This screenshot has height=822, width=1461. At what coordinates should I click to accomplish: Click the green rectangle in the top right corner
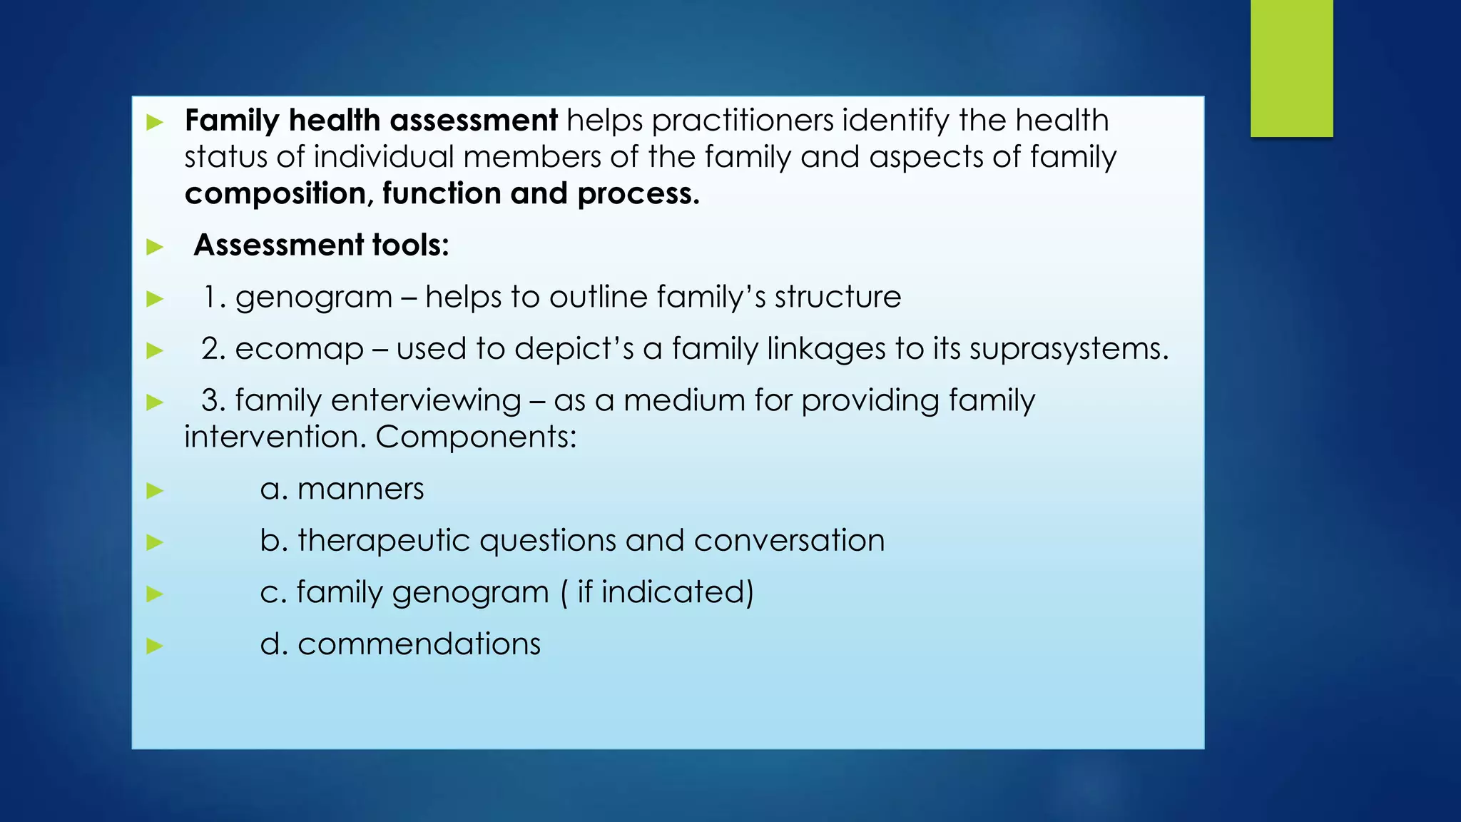1291,68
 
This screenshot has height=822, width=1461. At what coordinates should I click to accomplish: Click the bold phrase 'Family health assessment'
371,121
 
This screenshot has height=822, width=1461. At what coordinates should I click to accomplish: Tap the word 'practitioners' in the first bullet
742,121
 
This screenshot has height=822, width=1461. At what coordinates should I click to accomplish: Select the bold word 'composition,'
278,194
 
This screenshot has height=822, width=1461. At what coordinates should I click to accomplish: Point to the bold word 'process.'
638,194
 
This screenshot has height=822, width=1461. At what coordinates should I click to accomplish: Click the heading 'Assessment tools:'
321,245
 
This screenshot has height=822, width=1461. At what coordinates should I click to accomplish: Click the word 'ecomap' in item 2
300,350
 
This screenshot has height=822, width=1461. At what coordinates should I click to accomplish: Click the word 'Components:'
476,437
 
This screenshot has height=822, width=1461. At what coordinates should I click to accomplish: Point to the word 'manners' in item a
360,489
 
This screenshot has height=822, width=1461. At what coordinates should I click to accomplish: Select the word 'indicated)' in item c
677,592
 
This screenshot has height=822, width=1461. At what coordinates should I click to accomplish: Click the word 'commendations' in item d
419,644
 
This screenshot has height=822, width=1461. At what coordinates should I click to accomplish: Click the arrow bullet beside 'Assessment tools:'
155,247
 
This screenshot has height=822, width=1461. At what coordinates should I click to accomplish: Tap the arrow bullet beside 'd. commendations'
155,646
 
